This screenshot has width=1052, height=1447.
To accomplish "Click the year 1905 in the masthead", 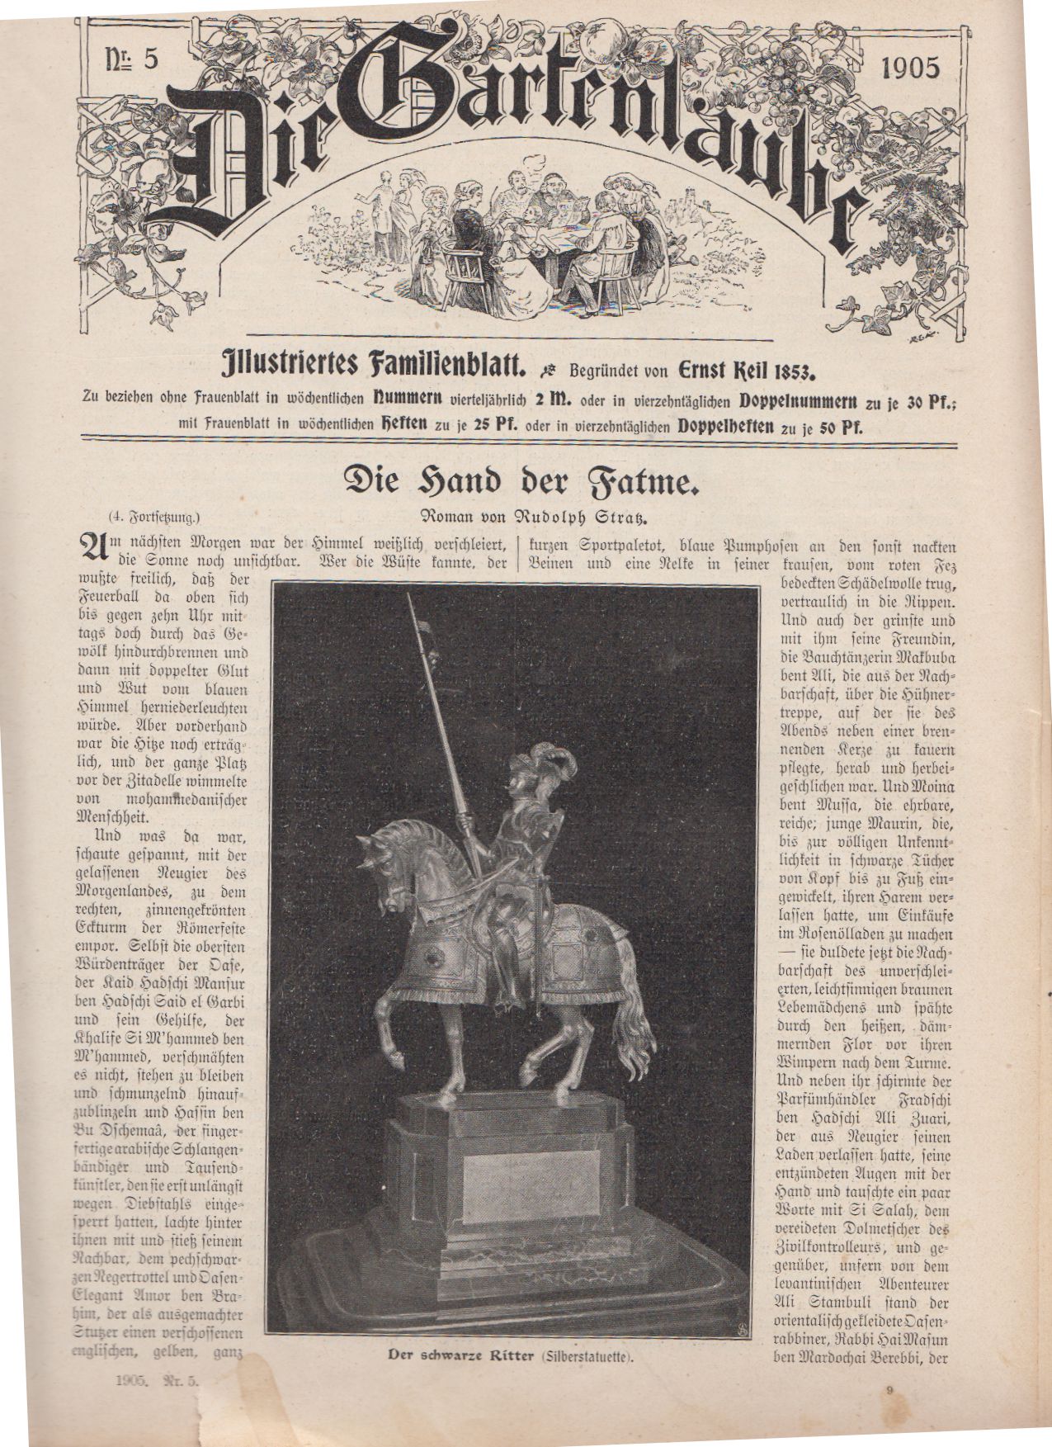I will pos(910,68).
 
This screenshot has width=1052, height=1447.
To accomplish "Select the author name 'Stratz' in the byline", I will pos(606,518).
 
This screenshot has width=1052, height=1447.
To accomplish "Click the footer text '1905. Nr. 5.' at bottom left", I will pos(158,1402).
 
